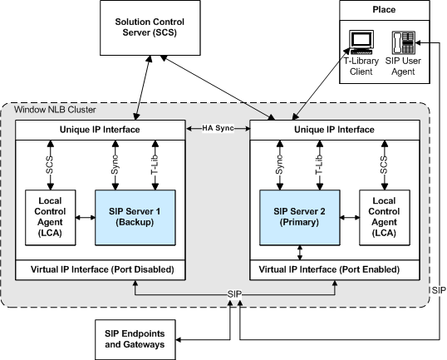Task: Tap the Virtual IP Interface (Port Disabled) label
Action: (x=99, y=270)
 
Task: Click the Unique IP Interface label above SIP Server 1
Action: (x=100, y=129)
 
